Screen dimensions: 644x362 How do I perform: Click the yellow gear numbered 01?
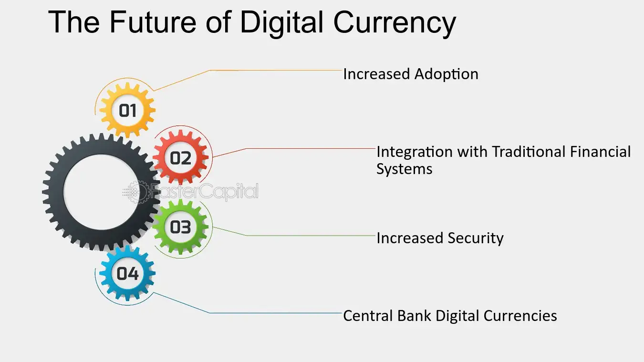pos(127,110)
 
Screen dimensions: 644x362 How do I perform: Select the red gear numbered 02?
pos(180,157)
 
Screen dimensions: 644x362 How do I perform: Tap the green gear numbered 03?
pos(180,227)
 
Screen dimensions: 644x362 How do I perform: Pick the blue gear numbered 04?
pos(127,273)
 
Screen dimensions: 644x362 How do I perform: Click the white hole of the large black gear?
pos(101,192)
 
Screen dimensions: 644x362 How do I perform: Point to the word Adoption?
pos(447,74)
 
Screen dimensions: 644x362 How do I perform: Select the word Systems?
pos(404,169)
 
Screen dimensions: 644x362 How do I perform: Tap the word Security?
pos(476,238)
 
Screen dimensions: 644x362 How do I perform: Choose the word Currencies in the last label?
pos(520,316)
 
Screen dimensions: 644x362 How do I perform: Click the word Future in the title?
pos(153,22)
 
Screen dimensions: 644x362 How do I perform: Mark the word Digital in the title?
pos(281,23)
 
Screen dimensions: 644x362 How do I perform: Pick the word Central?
pos(368,316)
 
